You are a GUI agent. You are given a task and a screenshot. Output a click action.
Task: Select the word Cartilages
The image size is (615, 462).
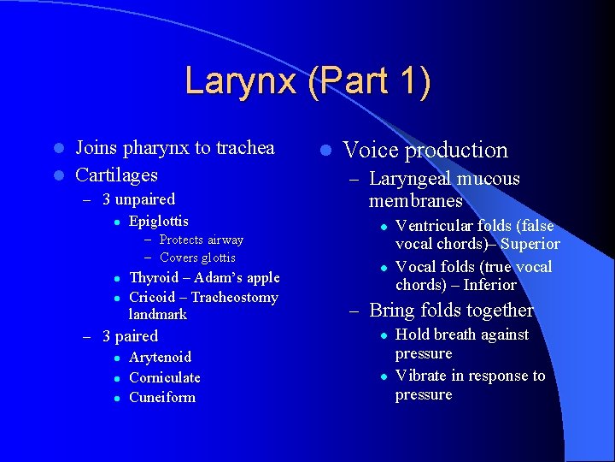(x=116, y=175)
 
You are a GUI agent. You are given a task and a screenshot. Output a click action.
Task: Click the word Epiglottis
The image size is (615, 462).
(x=158, y=222)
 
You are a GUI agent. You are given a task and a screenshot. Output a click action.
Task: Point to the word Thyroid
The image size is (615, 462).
(x=154, y=277)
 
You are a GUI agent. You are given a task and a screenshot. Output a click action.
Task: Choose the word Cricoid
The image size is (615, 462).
(x=152, y=297)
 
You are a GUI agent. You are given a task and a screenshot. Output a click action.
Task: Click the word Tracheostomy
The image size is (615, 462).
(x=235, y=297)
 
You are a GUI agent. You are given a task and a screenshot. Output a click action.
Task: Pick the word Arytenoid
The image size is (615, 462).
(x=160, y=357)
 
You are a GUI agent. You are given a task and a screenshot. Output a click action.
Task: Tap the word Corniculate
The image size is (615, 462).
(x=165, y=377)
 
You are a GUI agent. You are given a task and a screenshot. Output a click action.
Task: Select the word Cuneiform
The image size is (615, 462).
(x=162, y=397)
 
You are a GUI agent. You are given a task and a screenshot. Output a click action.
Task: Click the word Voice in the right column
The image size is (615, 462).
(x=371, y=151)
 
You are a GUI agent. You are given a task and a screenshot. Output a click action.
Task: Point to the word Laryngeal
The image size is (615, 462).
(x=409, y=179)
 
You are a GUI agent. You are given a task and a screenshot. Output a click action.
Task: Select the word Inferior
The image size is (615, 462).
(x=489, y=285)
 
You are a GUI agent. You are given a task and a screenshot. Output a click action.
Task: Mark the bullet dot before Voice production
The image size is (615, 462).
(x=325, y=151)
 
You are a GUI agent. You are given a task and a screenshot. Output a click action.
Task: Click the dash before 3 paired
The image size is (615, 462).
(x=86, y=337)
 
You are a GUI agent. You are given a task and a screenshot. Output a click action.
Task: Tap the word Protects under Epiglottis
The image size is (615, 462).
(x=183, y=240)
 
